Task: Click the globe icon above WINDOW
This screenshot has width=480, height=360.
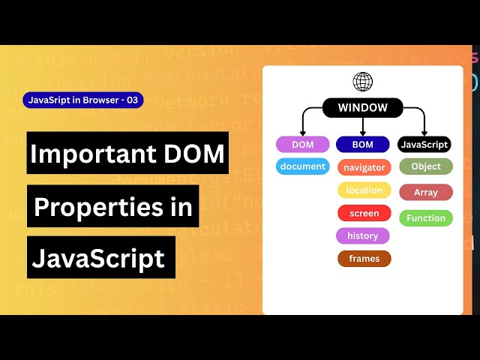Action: (363, 82)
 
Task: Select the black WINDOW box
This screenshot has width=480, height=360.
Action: (363, 108)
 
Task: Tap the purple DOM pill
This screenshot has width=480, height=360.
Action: (302, 145)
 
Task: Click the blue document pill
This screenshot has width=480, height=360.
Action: (302, 166)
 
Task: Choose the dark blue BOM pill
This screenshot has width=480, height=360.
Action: (362, 145)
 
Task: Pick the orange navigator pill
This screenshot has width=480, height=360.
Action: (364, 168)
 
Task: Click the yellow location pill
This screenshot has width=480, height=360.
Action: (364, 190)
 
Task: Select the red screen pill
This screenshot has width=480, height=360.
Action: (364, 214)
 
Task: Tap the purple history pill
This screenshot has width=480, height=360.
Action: (363, 236)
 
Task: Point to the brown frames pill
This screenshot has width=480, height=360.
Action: (364, 259)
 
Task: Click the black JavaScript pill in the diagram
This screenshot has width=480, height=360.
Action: (424, 145)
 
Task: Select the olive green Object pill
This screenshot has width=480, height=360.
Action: (426, 166)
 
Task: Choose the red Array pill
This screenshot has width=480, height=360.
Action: (426, 193)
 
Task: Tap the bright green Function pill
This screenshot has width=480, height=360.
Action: (426, 218)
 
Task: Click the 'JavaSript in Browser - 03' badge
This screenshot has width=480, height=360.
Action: (83, 100)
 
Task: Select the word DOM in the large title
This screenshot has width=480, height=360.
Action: (197, 153)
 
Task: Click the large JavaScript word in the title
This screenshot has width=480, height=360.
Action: (98, 258)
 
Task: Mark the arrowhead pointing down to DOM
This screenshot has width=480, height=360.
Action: (302, 132)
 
